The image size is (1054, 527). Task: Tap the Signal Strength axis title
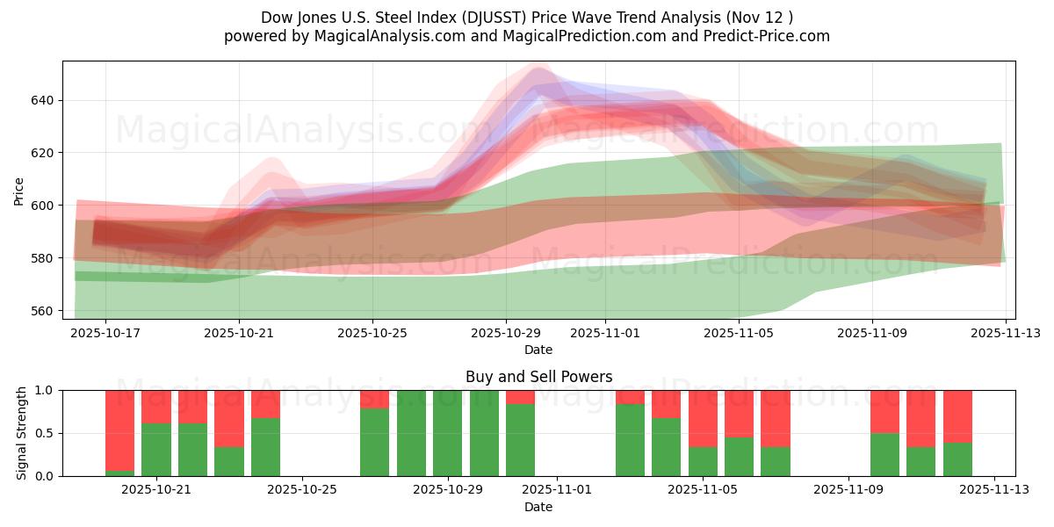pos(22,433)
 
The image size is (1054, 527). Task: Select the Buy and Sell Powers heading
pos(538,377)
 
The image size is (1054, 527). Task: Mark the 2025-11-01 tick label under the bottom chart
pos(557,490)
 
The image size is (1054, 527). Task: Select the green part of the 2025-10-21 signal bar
pos(155,450)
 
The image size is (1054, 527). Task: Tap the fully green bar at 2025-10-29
pos(447,433)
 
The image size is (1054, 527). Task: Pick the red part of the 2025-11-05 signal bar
pos(703,418)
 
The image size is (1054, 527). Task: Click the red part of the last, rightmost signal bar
pos(957,416)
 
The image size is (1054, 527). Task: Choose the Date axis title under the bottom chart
pos(538,507)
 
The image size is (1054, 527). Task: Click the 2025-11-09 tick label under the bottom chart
pos(848,490)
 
